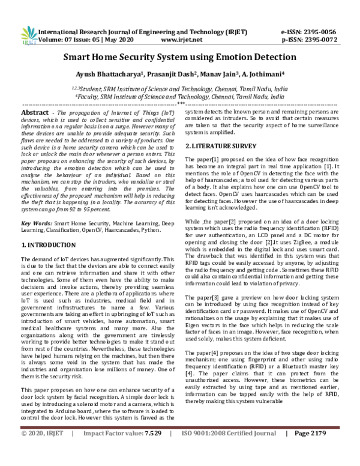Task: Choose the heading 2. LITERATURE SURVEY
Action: [221, 146]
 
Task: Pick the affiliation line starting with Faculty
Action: [180, 95]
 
